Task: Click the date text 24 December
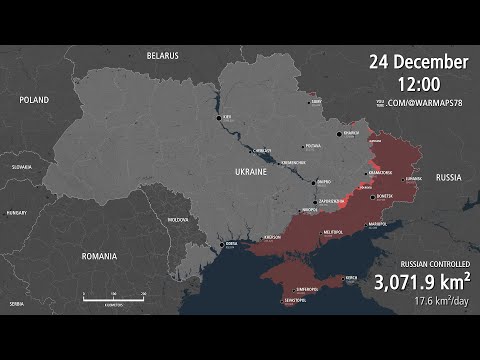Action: click(x=418, y=62)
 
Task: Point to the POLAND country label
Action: click(x=33, y=100)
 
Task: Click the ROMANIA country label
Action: click(x=100, y=256)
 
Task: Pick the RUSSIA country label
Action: click(x=449, y=177)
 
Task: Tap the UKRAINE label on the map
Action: click(x=250, y=173)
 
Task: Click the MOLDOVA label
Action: click(x=177, y=219)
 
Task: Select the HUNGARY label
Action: click(x=16, y=213)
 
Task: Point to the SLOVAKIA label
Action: click(x=21, y=167)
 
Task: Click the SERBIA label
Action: click(x=17, y=302)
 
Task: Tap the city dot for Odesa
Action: click(x=222, y=243)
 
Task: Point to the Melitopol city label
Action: click(x=332, y=232)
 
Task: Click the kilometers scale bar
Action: click(x=114, y=298)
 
